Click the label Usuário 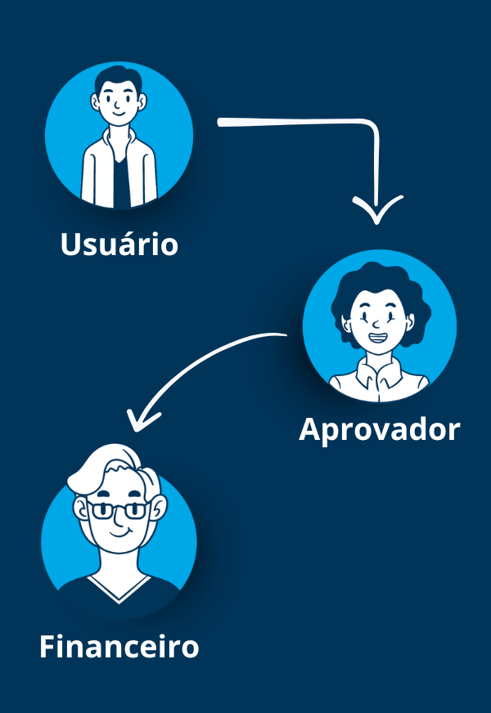point(119,244)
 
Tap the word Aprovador point(380,430)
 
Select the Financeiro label point(119,646)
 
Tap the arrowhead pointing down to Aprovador point(376,210)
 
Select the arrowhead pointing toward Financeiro point(141,420)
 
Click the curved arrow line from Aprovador point(196,364)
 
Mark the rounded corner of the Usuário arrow point(372,124)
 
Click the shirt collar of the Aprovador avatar point(379,373)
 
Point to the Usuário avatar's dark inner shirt point(120,182)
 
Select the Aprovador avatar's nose point(376,325)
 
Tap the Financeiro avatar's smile point(119,532)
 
